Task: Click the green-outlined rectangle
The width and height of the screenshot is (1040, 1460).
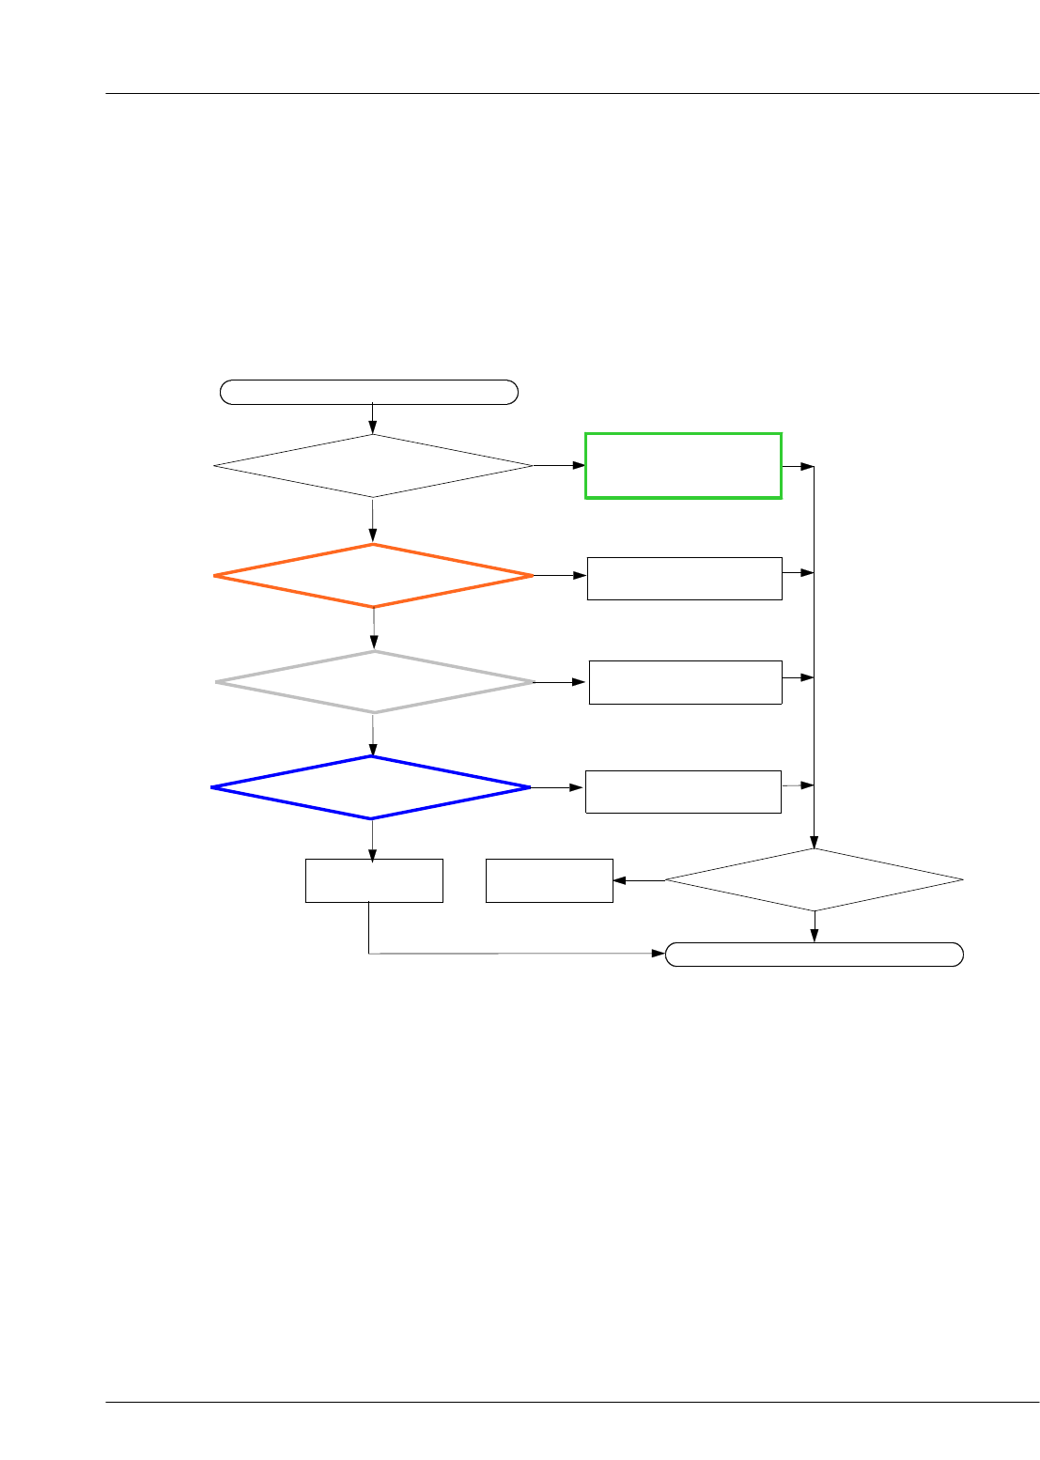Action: point(683,465)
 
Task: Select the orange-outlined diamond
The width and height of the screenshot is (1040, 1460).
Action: point(373,575)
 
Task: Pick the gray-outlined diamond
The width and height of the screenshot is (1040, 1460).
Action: point(374,681)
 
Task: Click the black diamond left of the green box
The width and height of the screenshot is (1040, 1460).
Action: point(373,465)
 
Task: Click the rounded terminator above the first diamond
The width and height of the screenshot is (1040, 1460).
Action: point(369,392)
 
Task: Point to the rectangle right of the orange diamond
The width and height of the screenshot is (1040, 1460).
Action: point(684,578)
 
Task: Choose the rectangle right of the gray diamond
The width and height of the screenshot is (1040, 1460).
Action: point(685,682)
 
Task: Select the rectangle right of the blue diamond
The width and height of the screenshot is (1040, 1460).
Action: point(683,791)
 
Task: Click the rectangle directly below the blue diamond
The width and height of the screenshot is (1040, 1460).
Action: point(374,880)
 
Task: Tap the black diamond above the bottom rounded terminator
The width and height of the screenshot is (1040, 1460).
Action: point(814,879)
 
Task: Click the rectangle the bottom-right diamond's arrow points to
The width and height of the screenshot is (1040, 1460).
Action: point(549,880)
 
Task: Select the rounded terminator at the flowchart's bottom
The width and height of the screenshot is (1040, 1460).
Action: point(814,955)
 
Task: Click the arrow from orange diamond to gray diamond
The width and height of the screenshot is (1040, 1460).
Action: point(374,629)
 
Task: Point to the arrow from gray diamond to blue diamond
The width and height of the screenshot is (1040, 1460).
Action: point(373,735)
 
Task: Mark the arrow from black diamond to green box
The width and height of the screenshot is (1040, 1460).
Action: point(559,465)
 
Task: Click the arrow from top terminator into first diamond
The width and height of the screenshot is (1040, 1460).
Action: point(373,418)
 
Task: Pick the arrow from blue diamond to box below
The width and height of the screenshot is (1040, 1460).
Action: point(373,839)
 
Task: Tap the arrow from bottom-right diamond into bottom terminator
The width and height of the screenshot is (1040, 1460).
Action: point(814,926)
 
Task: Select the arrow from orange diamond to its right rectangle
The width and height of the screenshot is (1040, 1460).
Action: point(560,575)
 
